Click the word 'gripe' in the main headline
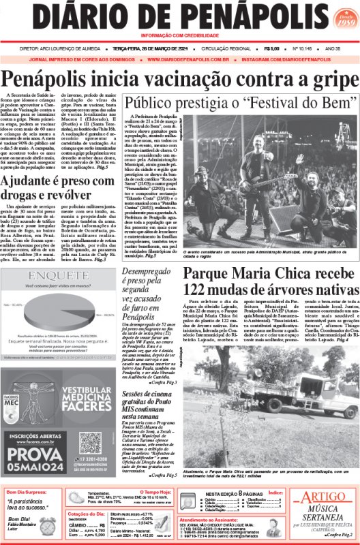[326, 81]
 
